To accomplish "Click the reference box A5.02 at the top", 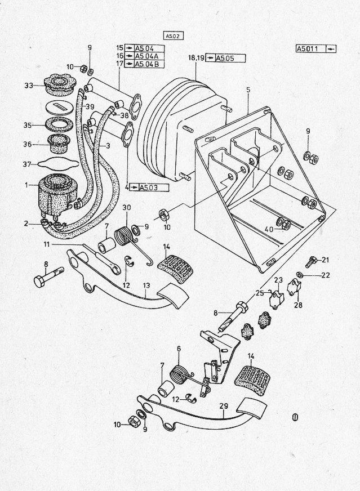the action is click(x=173, y=36).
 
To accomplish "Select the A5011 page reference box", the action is click(x=316, y=49).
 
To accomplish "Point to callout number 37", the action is click(x=27, y=164).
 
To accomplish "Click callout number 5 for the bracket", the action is click(x=248, y=90).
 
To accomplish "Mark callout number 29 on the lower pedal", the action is click(x=224, y=407).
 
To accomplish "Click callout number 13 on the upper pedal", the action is click(x=146, y=286).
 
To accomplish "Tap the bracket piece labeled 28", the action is click(x=294, y=288).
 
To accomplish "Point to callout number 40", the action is click(x=269, y=230).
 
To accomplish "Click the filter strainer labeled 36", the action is click(x=56, y=143).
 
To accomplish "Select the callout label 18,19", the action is click(x=196, y=58).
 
